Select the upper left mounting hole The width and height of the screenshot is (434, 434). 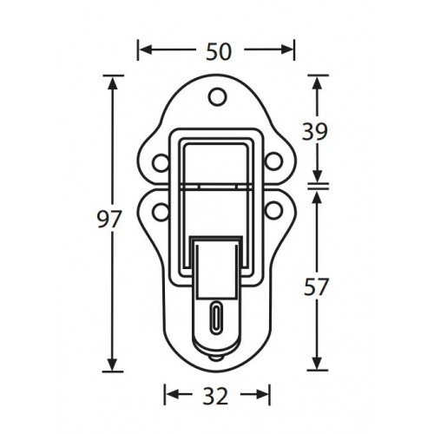(161, 161)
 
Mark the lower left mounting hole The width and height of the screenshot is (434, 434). (161, 208)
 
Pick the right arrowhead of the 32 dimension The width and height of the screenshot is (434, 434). (263, 396)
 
